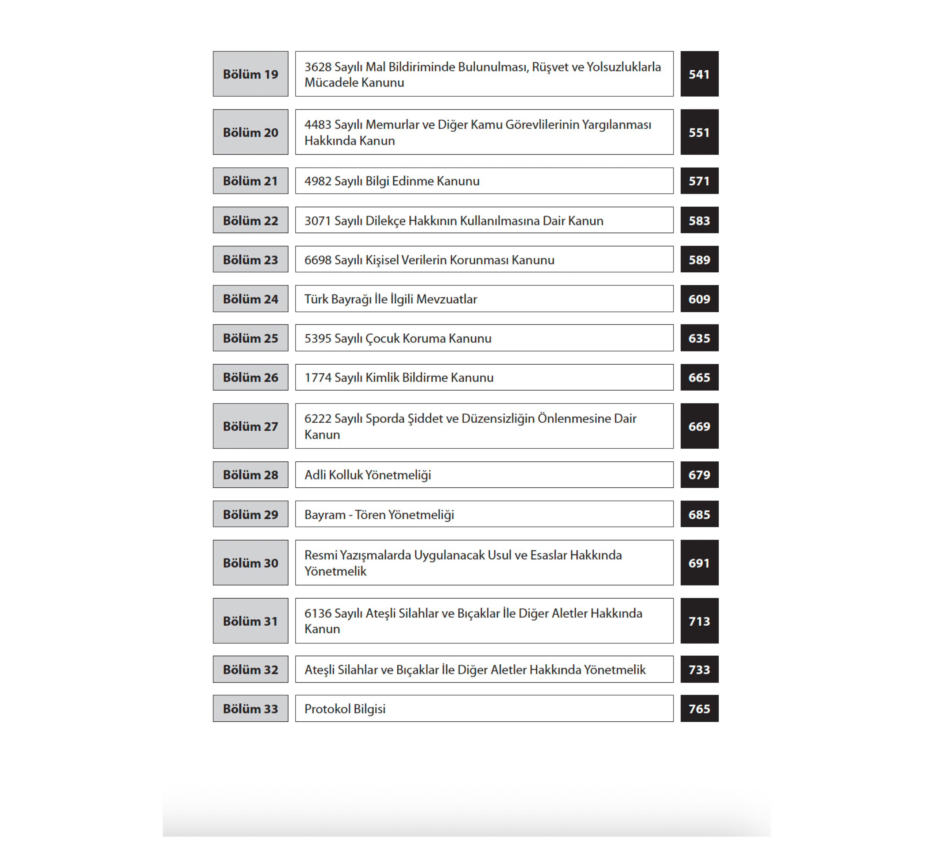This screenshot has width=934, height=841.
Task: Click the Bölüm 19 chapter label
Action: coord(250,74)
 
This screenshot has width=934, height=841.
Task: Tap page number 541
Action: coord(699,74)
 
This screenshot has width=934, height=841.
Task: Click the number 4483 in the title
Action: coord(318,125)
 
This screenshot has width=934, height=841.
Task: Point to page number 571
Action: coord(699,181)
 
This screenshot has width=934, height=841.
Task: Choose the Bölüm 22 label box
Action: coord(250,220)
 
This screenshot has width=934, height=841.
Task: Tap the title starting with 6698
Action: coord(429,260)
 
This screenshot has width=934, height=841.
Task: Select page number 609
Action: coord(699,299)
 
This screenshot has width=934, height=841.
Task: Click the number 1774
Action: coord(318,377)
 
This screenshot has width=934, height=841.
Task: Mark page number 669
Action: coord(699,426)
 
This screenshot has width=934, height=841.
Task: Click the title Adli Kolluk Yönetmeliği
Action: coord(368,475)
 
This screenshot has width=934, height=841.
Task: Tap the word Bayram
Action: coord(325,515)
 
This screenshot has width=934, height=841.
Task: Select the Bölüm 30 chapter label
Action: coord(250,563)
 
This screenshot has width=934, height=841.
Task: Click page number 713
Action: coord(699,621)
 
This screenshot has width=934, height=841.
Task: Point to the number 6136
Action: coord(318,614)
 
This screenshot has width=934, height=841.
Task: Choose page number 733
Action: coord(699,669)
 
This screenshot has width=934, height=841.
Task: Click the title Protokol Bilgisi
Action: coord(344,709)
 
